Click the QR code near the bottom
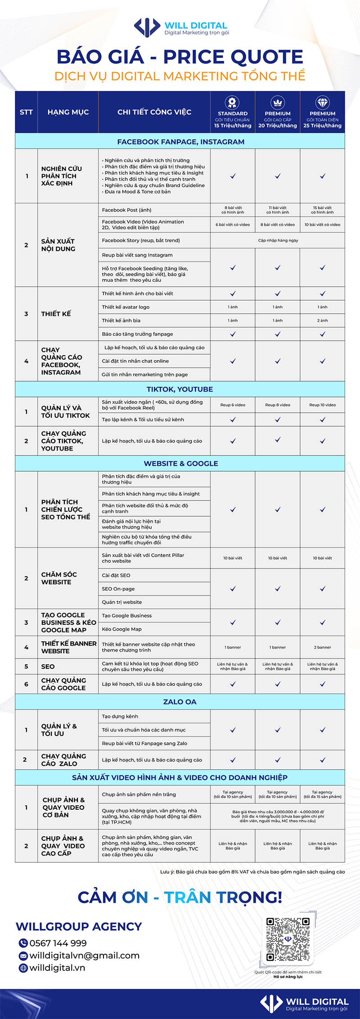(x=288, y=939)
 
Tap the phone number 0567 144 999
(x=58, y=943)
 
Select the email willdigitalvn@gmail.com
(x=84, y=955)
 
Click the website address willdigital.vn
(x=57, y=967)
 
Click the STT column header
(x=26, y=112)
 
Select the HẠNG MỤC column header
(x=68, y=112)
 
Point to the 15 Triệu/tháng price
(x=233, y=126)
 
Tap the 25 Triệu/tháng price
(x=323, y=126)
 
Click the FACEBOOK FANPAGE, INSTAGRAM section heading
(x=180, y=142)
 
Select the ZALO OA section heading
(x=180, y=702)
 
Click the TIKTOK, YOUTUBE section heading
(x=180, y=389)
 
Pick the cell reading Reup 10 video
(x=323, y=405)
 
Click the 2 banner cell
(x=323, y=647)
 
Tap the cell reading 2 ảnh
(x=323, y=320)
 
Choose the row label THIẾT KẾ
(x=56, y=314)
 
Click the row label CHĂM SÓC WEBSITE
(x=59, y=578)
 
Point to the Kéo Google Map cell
(x=121, y=629)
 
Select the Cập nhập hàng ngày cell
(x=278, y=240)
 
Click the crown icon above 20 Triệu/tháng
(x=278, y=102)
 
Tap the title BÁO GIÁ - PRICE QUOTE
(x=180, y=57)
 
